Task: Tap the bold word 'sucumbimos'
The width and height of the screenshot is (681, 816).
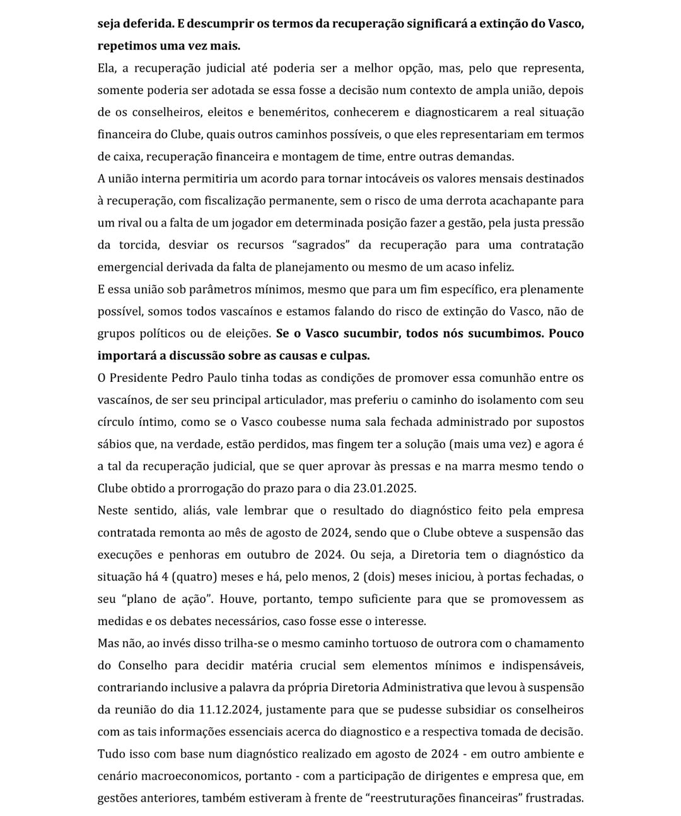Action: [x=505, y=333]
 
